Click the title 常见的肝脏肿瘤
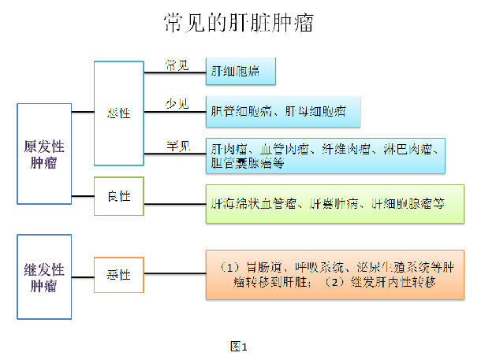tap(239, 23)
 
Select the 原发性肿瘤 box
tap(44, 154)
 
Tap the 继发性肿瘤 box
tap(44, 276)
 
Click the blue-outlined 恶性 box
tap(119, 113)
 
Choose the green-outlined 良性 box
tap(119, 196)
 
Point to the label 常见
tap(177, 65)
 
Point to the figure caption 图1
tap(238, 346)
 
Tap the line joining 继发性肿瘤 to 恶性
tap(83, 275)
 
